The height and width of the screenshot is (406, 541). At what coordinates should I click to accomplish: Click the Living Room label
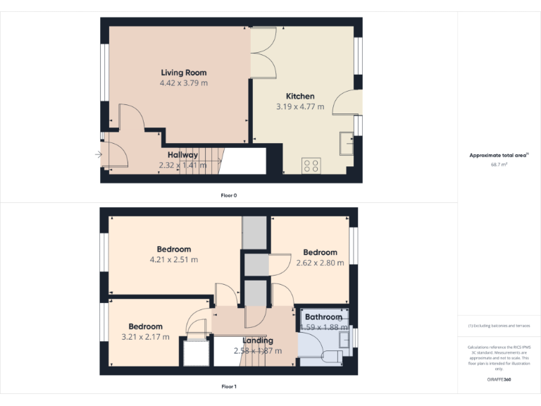click(184, 73)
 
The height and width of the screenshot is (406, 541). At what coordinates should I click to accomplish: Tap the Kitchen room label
click(300, 96)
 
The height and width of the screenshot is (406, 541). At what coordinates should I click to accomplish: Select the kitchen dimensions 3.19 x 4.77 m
click(300, 107)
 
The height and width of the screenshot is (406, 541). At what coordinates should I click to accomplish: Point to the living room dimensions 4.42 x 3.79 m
click(184, 83)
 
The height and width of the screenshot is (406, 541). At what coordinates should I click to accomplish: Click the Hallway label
click(182, 154)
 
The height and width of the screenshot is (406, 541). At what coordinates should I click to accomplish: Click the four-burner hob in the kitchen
click(311, 166)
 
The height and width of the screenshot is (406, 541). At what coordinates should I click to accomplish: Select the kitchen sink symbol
click(347, 143)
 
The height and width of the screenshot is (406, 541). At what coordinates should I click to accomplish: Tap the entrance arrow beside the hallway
click(98, 154)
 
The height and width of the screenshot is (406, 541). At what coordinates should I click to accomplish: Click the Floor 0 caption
click(229, 195)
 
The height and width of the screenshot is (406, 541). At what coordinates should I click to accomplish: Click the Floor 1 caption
click(229, 386)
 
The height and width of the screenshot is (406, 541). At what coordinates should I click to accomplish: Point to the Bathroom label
click(324, 317)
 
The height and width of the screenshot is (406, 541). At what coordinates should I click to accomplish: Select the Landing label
click(258, 341)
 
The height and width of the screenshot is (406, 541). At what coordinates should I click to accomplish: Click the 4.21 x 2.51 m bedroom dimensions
click(174, 259)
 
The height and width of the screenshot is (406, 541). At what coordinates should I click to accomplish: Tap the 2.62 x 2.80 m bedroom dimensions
click(321, 263)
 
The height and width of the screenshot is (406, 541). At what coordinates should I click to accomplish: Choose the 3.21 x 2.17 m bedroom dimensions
click(146, 337)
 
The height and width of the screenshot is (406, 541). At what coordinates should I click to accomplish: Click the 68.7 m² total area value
click(499, 164)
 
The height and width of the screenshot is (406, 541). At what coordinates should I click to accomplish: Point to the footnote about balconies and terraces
click(499, 326)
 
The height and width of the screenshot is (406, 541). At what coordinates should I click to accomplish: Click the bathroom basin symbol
click(344, 339)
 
